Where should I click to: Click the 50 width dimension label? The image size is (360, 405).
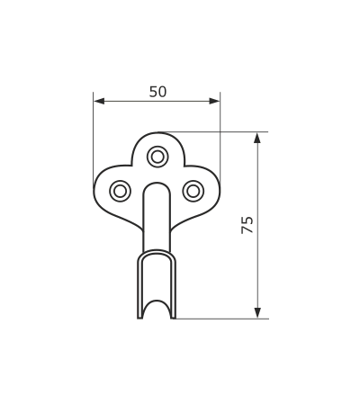157,92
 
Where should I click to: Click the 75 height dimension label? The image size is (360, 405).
247,225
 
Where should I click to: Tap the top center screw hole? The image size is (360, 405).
157,157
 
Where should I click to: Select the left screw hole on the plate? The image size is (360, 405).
120,191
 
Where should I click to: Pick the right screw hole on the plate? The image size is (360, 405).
193,191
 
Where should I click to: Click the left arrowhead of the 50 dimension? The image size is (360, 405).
99,102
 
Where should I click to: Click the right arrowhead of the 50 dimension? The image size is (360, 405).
214,102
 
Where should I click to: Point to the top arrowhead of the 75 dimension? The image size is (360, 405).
257,138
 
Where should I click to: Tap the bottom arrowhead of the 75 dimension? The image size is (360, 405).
257,312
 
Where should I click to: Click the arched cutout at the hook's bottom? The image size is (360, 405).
157,301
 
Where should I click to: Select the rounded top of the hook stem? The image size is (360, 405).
157,184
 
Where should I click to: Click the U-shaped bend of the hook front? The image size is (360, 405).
157,252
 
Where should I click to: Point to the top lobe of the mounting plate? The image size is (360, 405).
157,134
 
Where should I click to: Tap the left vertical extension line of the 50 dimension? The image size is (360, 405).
94,139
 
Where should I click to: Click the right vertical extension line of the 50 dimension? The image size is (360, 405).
220,139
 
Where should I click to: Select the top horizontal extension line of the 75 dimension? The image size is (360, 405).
213,132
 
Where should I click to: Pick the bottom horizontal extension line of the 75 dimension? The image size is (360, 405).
221,319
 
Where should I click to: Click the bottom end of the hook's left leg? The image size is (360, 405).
139,318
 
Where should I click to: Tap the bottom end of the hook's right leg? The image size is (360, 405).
174,318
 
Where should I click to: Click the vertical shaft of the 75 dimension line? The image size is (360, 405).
257,225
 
